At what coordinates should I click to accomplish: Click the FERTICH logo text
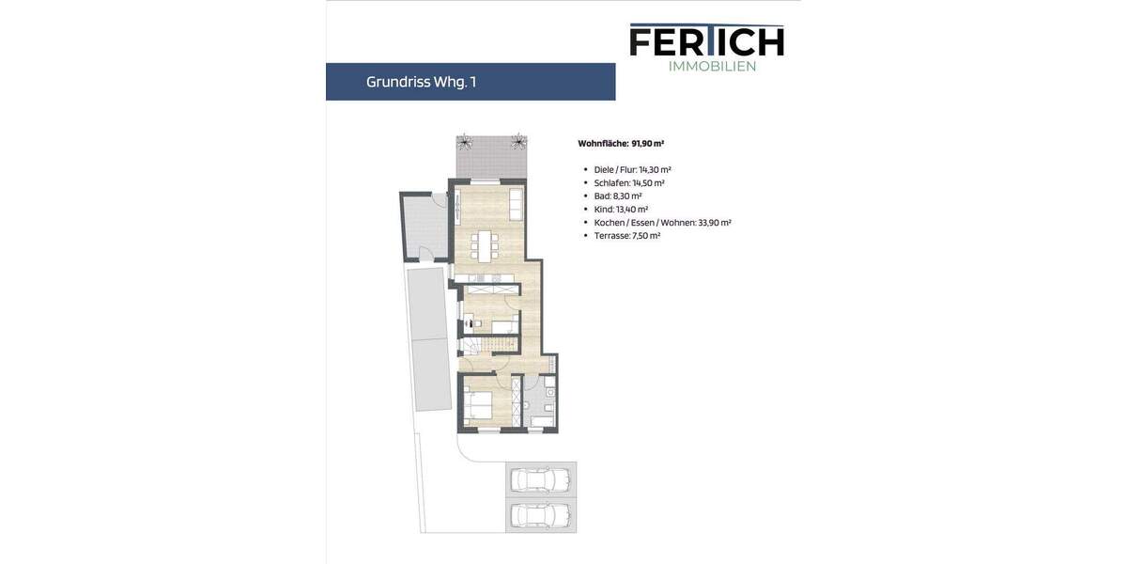[706, 40]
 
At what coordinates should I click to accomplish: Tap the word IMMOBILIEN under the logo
[712, 66]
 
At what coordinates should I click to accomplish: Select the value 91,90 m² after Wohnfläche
[648, 144]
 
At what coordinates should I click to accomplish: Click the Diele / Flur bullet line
[632, 170]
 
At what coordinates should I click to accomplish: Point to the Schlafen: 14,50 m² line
[629, 183]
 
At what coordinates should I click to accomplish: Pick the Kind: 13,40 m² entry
[621, 210]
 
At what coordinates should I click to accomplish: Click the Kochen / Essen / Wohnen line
[662, 223]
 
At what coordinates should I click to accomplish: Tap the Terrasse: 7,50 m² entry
[626, 236]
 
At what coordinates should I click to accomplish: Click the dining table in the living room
[485, 245]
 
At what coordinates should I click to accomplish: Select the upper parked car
[540, 481]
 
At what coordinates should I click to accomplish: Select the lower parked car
[540, 514]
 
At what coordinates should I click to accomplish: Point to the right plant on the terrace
[517, 143]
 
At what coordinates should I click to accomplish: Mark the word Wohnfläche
[603, 144]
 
